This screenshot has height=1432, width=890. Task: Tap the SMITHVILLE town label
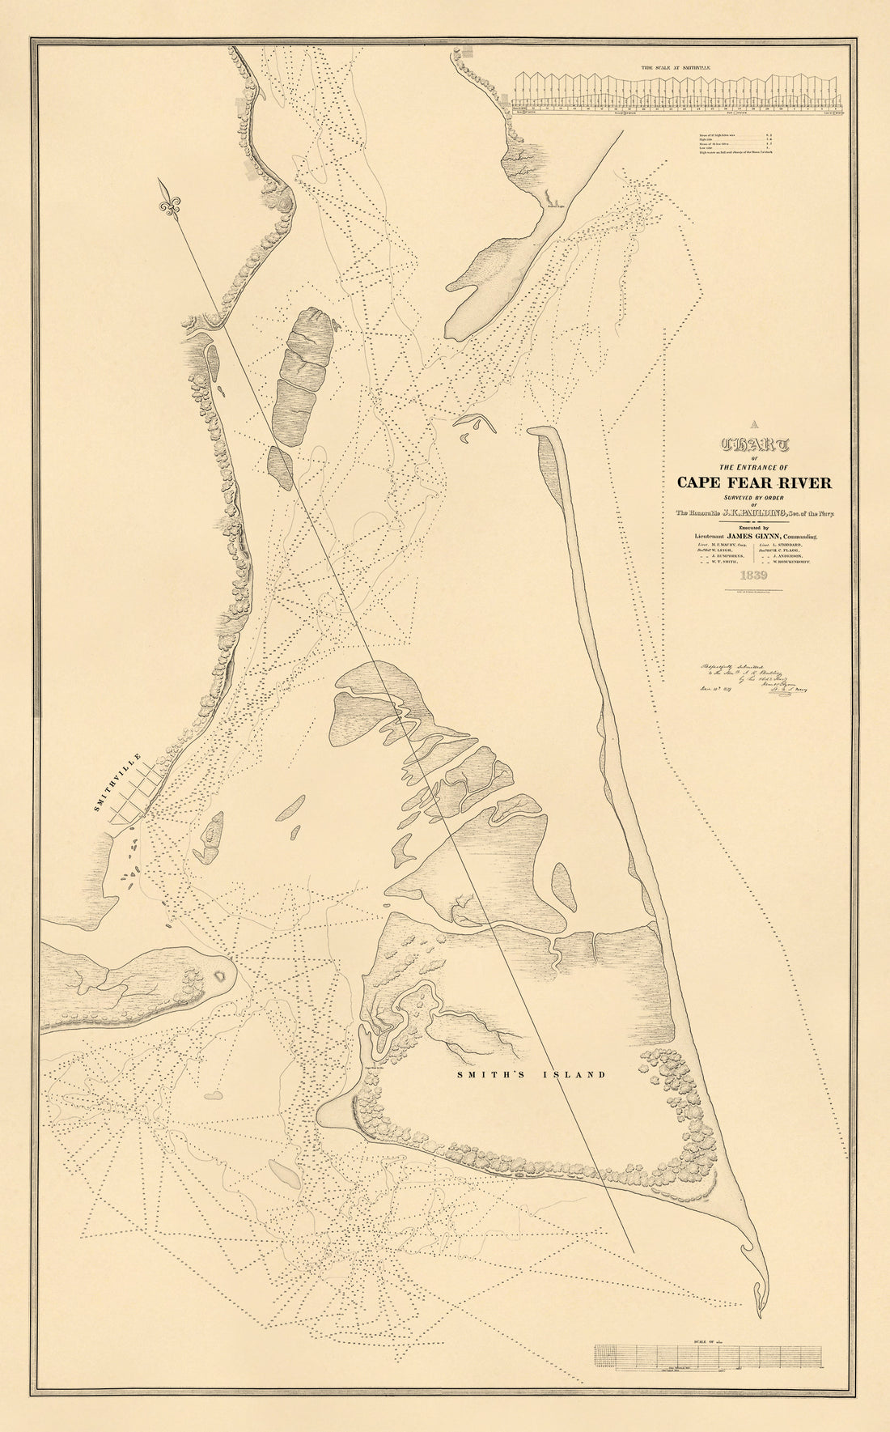pos(117,783)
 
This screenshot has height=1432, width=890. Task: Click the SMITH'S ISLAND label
pos(531,1075)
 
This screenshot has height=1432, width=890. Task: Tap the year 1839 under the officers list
pos(752,576)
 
